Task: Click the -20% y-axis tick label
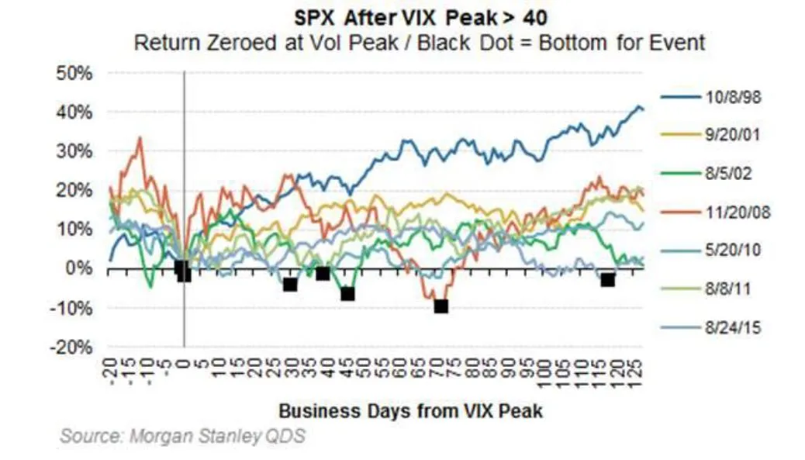point(74,347)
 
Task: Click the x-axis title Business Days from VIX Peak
point(410,410)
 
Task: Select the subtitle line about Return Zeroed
point(420,42)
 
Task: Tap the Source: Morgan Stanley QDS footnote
point(183,436)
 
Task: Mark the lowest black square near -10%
point(441,306)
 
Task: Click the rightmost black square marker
point(608,279)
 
